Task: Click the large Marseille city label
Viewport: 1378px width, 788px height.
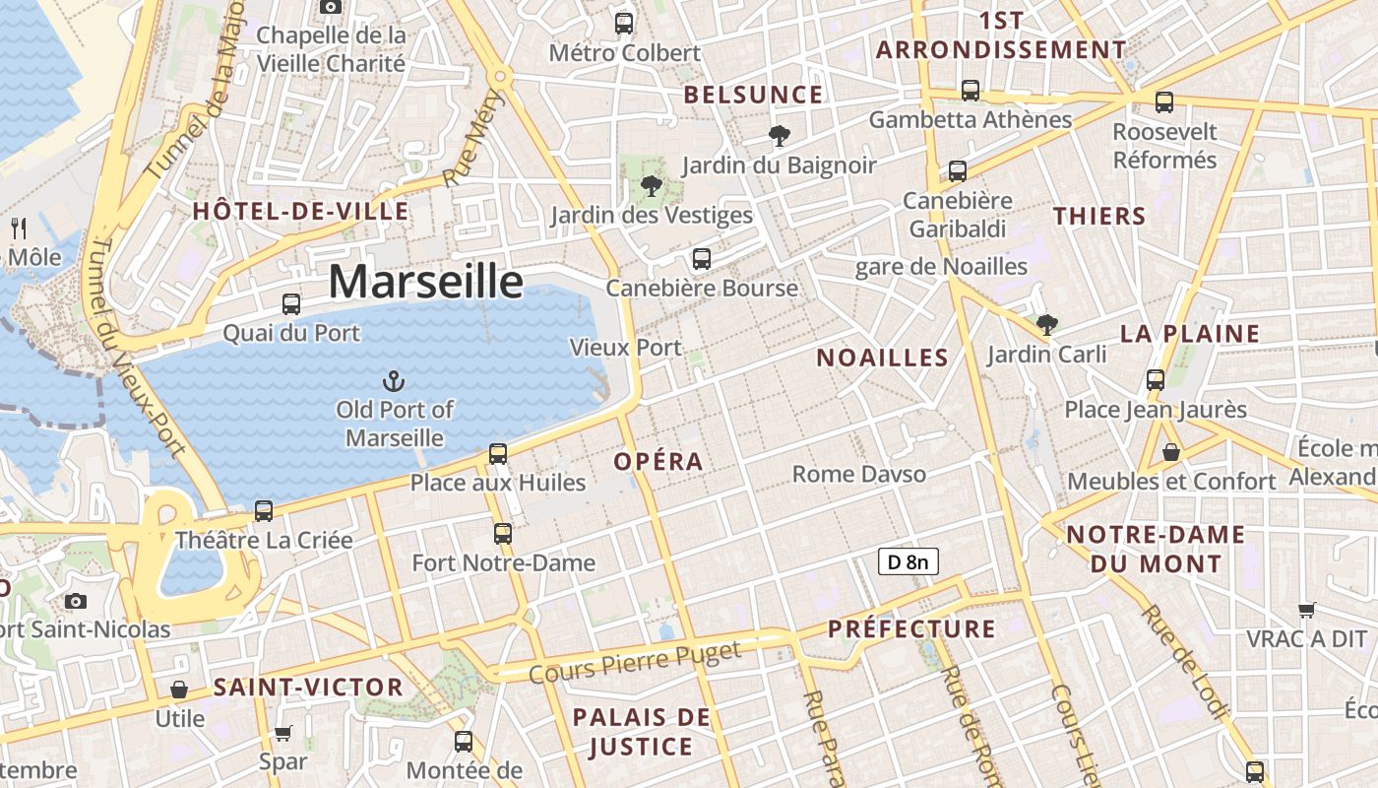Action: (x=425, y=282)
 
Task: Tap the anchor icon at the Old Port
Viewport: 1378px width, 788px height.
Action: (x=394, y=380)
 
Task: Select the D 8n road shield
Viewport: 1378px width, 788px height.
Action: (x=908, y=562)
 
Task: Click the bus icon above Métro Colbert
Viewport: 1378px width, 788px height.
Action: (x=624, y=23)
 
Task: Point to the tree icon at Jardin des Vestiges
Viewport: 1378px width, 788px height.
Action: (x=651, y=185)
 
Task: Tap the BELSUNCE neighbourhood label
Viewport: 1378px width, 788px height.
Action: (x=753, y=95)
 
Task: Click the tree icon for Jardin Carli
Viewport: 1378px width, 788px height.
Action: (x=1047, y=324)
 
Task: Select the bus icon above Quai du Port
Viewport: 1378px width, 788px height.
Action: (x=291, y=303)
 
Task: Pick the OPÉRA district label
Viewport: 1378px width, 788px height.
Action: (x=658, y=461)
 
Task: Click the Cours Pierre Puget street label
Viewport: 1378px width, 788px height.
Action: (x=634, y=662)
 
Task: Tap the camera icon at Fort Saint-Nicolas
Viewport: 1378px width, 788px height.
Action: (x=76, y=601)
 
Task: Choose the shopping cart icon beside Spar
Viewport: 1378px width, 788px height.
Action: (x=283, y=733)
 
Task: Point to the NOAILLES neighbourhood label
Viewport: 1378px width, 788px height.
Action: (x=882, y=358)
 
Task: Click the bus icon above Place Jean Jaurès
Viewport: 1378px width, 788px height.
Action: (x=1156, y=379)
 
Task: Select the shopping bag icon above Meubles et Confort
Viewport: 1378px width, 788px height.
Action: (x=1171, y=452)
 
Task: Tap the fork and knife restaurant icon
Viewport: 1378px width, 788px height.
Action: (x=19, y=229)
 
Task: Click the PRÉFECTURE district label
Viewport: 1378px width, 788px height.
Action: (x=911, y=628)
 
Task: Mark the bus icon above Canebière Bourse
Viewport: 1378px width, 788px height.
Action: (x=701, y=259)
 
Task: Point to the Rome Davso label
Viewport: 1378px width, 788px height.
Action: (x=859, y=475)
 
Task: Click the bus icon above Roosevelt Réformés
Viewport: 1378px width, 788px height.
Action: (x=1164, y=101)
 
